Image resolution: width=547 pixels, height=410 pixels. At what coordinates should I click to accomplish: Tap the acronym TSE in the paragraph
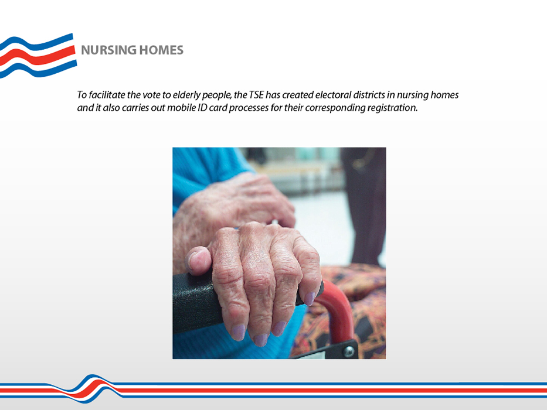256,95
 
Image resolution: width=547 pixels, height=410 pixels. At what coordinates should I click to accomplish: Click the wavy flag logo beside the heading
38,56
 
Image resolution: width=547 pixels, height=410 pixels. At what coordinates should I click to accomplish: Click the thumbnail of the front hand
200,259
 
